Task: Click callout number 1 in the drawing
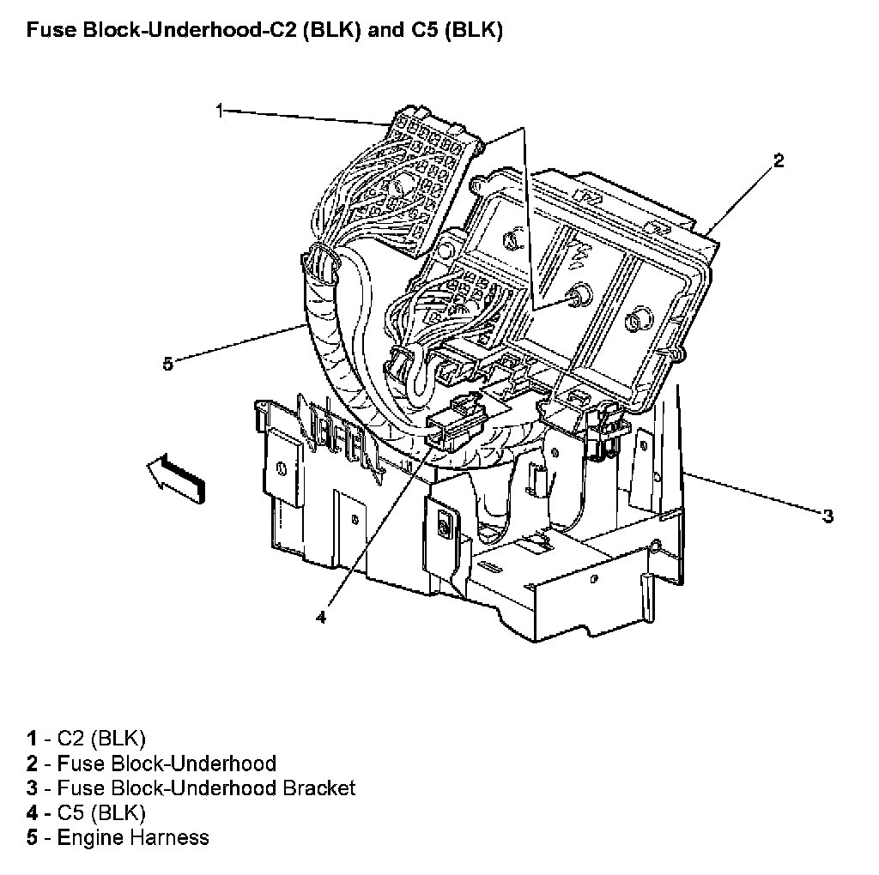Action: click(220, 110)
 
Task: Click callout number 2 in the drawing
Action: click(778, 160)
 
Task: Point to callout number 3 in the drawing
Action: click(827, 516)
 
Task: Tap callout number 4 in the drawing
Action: click(320, 617)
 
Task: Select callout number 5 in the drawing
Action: click(168, 364)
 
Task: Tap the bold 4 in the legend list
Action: click(32, 812)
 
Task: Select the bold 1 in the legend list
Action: click(32, 738)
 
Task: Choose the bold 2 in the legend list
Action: click(32, 763)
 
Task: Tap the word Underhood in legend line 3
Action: click(226, 787)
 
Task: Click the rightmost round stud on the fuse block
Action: click(639, 320)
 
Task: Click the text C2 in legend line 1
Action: click(71, 738)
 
